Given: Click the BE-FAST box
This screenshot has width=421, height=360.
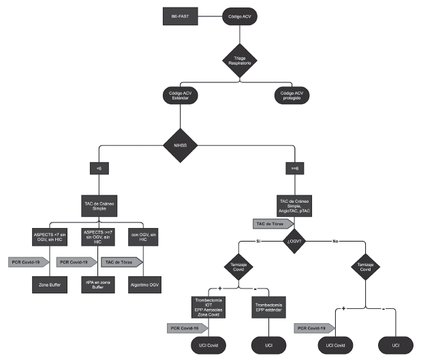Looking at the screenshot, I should [x=180, y=14].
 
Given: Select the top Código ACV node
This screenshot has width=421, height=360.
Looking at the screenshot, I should [x=240, y=14].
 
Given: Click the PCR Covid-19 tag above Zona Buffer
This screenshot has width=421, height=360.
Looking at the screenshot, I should [x=28, y=261].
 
